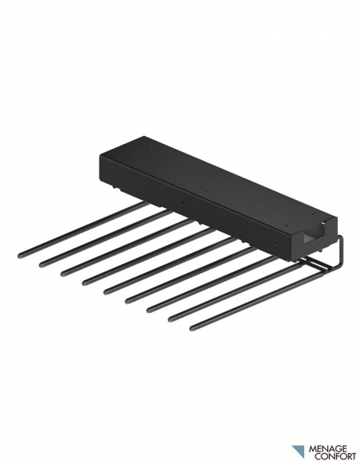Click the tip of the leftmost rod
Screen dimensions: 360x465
(x=20, y=255)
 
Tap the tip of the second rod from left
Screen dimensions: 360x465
(x=41, y=264)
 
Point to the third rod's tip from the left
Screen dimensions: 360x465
(x=63, y=273)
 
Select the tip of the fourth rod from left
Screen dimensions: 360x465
(x=84, y=283)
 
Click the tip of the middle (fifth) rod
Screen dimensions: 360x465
(x=106, y=292)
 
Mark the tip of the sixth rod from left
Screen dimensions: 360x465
(x=127, y=301)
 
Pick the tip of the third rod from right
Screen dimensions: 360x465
(x=149, y=311)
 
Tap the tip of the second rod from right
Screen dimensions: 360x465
(x=170, y=319)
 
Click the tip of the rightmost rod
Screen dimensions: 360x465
(x=192, y=328)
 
